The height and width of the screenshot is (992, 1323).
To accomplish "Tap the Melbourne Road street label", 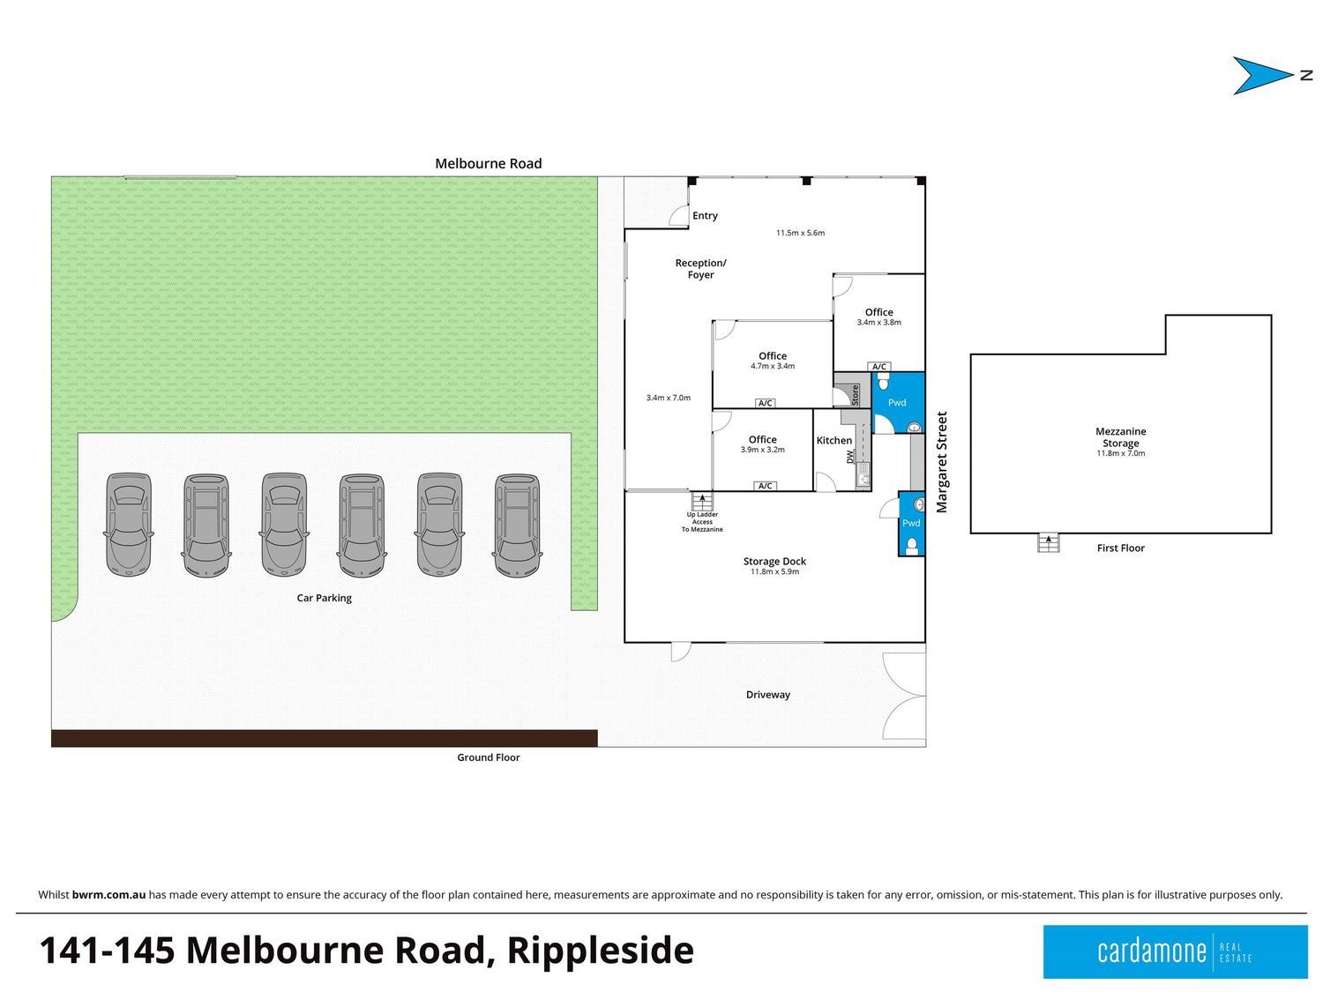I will click(x=488, y=163).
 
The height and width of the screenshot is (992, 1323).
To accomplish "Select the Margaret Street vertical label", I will click(x=942, y=462).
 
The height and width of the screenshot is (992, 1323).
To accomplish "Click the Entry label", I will click(x=705, y=215).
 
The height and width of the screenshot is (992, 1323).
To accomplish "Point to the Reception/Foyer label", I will click(x=700, y=269).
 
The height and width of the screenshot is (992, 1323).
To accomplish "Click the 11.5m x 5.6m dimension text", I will click(x=800, y=233).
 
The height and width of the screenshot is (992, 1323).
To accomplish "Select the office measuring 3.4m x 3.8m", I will click(x=878, y=317).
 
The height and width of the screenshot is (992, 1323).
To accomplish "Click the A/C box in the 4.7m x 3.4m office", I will click(x=765, y=403).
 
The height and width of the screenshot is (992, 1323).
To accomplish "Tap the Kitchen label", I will click(x=833, y=440).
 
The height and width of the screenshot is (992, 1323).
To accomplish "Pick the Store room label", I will click(x=855, y=394).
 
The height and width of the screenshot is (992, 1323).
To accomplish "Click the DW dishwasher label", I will click(x=850, y=458).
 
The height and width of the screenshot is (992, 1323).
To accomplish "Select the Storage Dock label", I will click(x=774, y=561).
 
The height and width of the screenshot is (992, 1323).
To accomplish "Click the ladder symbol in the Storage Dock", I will click(x=702, y=502).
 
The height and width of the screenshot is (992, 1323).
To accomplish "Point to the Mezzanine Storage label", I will click(x=1120, y=437).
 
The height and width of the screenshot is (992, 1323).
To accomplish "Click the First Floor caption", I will click(x=1120, y=548).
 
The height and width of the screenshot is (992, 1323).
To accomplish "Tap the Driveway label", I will click(x=767, y=695).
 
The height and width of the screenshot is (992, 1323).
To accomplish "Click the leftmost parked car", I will click(x=129, y=525).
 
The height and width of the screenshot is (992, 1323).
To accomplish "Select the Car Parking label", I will click(x=324, y=598).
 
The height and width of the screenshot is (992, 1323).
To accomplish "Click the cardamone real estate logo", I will click(x=1175, y=951).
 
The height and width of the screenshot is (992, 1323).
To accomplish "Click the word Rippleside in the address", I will click(x=601, y=951).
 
